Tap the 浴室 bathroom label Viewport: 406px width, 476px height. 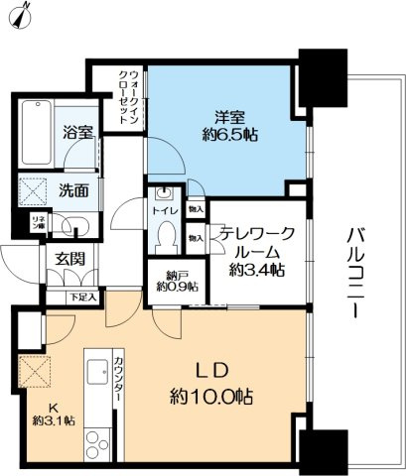(x=77, y=130)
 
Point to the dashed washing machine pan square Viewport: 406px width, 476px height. (x=36, y=188)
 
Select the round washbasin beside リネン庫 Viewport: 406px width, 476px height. (x=79, y=225)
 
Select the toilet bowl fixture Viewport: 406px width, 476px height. (x=166, y=236)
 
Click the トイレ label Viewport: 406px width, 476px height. (x=165, y=212)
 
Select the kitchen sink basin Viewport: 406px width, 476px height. (x=98, y=374)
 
